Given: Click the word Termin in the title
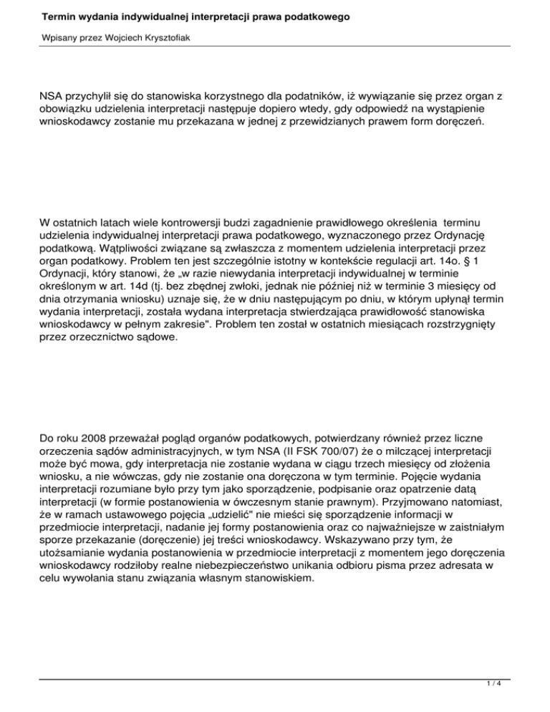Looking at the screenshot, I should pyautogui.click(x=60, y=16).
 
